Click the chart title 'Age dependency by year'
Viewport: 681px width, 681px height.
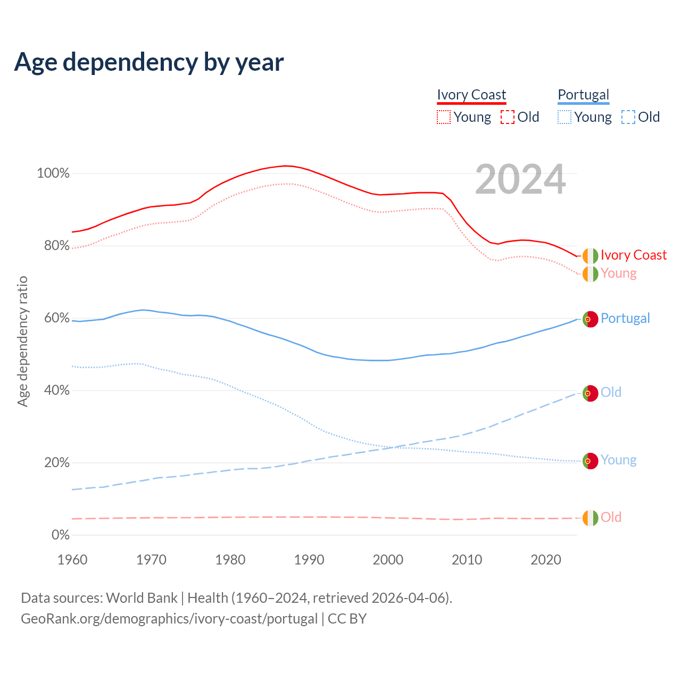pyautogui.click(x=149, y=62)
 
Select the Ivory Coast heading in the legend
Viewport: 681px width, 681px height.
pyautogui.click(x=471, y=95)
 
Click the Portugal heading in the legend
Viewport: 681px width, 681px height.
pyautogui.click(x=583, y=95)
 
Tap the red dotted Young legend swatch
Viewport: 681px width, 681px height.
pyautogui.click(x=444, y=117)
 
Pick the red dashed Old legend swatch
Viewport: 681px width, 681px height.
pyautogui.click(x=508, y=117)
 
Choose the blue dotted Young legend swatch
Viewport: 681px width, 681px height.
pyautogui.click(x=564, y=117)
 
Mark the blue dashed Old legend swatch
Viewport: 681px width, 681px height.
pyautogui.click(x=628, y=117)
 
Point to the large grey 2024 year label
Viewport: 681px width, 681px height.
pyautogui.click(x=520, y=179)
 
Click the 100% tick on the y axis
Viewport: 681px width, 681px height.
pyautogui.click(x=53, y=173)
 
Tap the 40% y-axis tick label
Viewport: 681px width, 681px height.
pyautogui.click(x=57, y=391)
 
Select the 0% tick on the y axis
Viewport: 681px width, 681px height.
pyautogui.click(x=61, y=535)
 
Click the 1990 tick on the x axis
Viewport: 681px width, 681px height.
pyautogui.click(x=309, y=560)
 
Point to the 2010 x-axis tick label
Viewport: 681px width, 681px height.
pyautogui.click(x=467, y=560)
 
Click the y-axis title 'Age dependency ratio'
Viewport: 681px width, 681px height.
pyautogui.click(x=22, y=341)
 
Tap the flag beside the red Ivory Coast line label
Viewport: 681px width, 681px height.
pyautogui.click(x=590, y=256)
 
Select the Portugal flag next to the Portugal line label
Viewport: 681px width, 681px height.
pyautogui.click(x=590, y=319)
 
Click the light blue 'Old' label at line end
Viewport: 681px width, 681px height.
pyautogui.click(x=611, y=393)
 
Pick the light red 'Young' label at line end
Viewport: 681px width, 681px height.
pyautogui.click(x=618, y=273)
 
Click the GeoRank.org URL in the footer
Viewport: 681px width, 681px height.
pyautogui.click(x=169, y=619)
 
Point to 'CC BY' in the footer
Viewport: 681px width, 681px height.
pyautogui.click(x=347, y=619)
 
